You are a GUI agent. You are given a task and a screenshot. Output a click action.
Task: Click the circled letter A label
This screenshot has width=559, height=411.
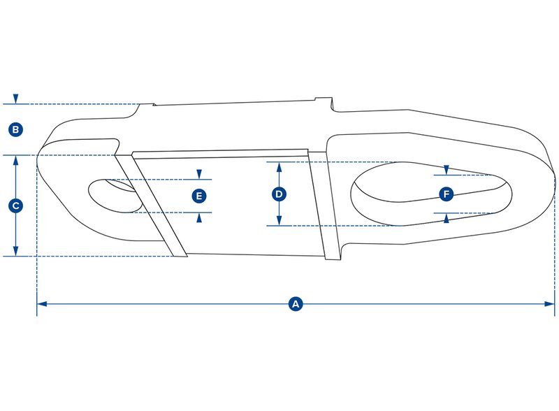pos(296,304)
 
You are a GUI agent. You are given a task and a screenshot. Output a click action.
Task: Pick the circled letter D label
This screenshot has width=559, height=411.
pos(279,194)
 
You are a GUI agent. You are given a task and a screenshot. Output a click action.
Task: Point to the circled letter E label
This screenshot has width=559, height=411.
pos(200,196)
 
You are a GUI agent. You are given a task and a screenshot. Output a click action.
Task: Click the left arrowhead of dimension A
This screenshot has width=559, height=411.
pos(41,304)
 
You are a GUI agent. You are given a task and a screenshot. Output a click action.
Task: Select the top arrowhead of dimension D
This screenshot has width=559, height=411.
pos(279,166)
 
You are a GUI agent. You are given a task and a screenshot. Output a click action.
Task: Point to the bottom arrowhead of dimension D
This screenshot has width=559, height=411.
pos(279,221)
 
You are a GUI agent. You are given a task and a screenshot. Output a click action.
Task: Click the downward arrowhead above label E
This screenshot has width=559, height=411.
pos(200,174)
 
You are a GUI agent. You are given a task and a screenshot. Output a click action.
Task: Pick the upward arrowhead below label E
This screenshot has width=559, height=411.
pos(200,217)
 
